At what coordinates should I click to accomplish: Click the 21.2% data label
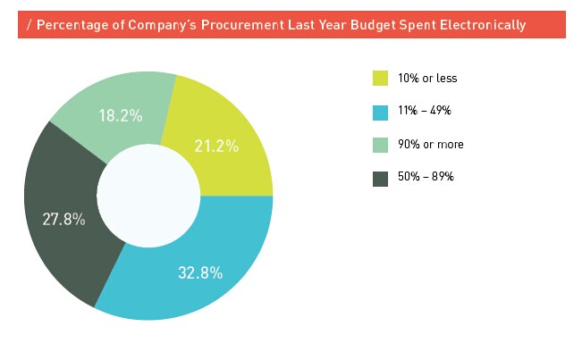[x=216, y=146]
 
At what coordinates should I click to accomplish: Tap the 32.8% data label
[x=200, y=273]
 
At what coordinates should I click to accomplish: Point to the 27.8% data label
[x=64, y=219]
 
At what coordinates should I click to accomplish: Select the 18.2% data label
[x=120, y=115]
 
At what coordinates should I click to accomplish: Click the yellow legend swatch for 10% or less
[x=380, y=79]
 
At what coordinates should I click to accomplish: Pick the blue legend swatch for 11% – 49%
[x=380, y=112]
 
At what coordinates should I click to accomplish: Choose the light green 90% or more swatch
[x=380, y=145]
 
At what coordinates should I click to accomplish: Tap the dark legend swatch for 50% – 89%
[x=380, y=178]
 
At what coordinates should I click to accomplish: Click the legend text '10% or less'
[x=427, y=79]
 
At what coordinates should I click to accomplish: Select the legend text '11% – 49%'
[x=425, y=112]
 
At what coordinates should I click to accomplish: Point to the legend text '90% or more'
[x=431, y=145]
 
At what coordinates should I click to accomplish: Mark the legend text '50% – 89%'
[x=426, y=178]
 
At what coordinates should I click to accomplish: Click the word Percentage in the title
[x=71, y=25]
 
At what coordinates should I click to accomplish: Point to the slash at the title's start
[x=30, y=25]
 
